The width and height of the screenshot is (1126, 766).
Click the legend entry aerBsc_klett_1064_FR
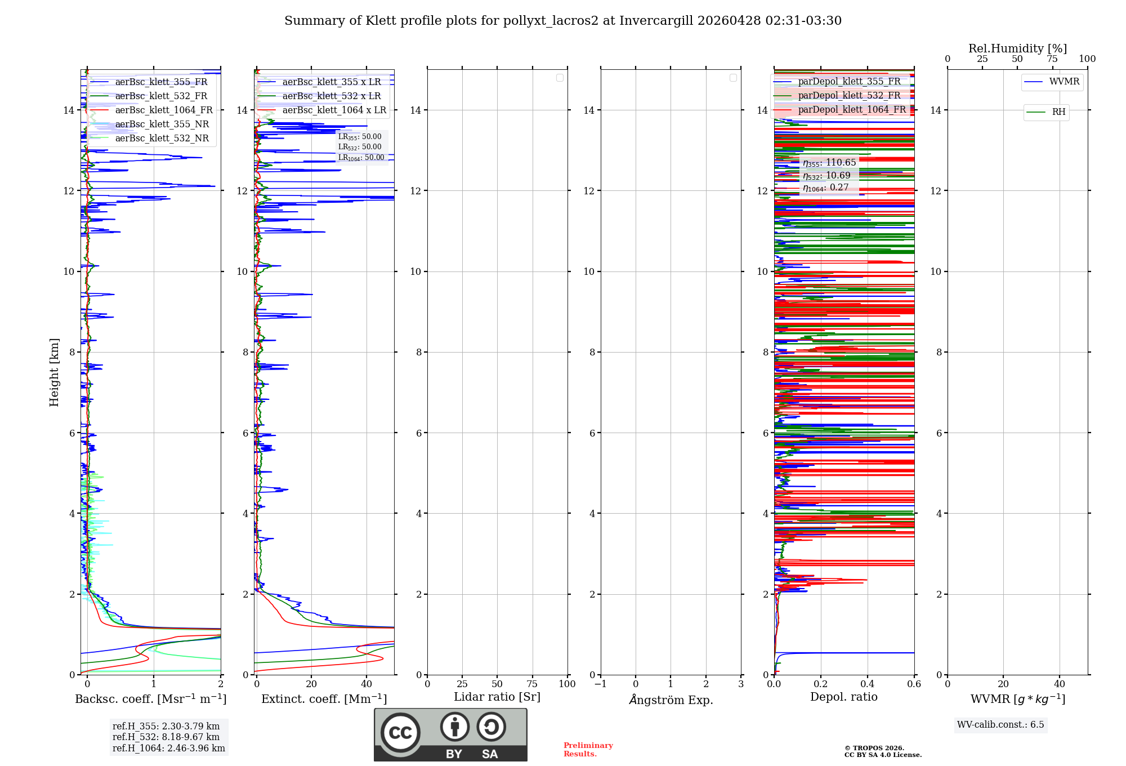tap(164, 110)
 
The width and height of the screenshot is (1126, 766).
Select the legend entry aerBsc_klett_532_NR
tap(162, 139)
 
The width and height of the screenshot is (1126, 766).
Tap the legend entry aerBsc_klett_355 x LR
tap(332, 82)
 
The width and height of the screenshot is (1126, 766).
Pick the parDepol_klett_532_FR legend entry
tap(849, 96)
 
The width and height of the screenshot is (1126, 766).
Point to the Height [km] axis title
tap(54, 372)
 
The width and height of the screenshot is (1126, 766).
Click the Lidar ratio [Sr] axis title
tap(497, 697)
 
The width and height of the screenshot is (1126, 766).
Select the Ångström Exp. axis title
tap(671, 700)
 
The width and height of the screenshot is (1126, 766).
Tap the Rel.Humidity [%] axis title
tap(1017, 48)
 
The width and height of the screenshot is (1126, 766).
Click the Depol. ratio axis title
tap(843, 697)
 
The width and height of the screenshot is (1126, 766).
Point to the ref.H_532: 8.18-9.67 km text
tap(166, 737)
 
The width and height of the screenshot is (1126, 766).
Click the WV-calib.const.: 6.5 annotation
tap(1000, 725)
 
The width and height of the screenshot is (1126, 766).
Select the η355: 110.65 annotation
tap(829, 163)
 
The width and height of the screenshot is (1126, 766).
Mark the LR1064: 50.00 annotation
tap(361, 158)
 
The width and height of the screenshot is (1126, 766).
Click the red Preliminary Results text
tap(588, 750)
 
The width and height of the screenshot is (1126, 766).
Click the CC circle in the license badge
tap(400, 732)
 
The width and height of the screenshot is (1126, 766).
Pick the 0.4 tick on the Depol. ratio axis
tap(868, 684)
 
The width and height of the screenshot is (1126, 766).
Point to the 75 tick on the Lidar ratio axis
tap(532, 684)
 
